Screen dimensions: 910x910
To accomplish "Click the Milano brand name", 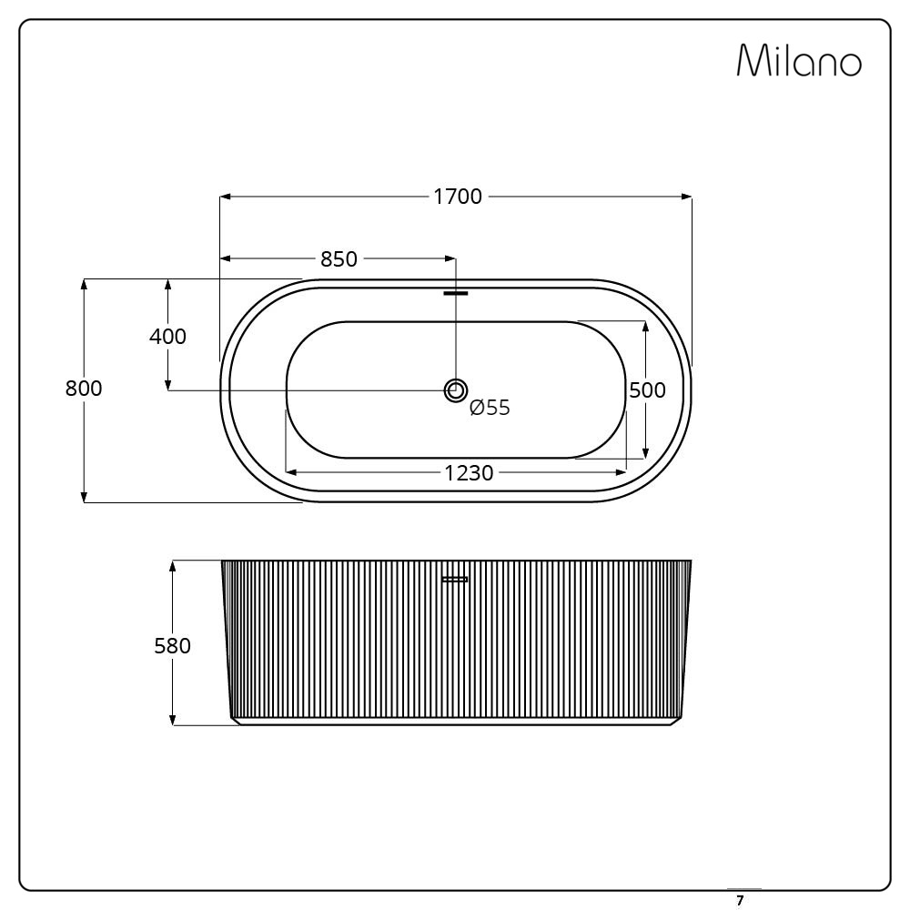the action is [799, 60].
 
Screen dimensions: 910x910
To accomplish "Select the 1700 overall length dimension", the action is [458, 197].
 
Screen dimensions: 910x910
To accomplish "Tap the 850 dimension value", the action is [339, 258].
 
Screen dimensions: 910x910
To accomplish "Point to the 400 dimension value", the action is [167, 337].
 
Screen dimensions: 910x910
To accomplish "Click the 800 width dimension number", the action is [84, 389].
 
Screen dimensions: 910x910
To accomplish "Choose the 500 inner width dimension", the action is [647, 390].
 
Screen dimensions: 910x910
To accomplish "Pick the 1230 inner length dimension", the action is [469, 473].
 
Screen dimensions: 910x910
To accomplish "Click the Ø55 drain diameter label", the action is [490, 408].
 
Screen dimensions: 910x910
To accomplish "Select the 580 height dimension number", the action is [172, 646].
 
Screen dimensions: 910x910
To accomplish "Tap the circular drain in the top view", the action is [456, 390].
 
